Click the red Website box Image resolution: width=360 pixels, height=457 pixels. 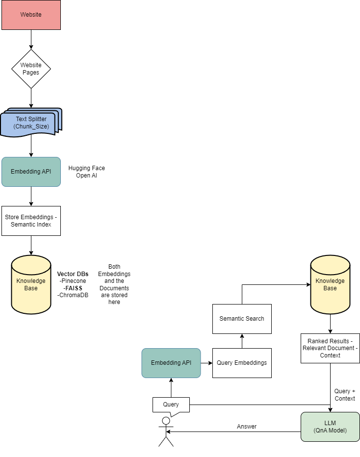click(31, 15)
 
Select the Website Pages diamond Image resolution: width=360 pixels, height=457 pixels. click(31, 69)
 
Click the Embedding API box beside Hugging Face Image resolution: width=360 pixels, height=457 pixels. click(31, 172)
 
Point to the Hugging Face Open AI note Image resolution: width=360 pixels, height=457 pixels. click(87, 172)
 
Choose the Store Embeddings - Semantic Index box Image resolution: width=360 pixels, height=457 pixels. click(31, 221)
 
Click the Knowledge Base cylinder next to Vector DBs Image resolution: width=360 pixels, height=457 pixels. click(31, 284)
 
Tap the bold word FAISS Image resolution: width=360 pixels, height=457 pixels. click(74, 288)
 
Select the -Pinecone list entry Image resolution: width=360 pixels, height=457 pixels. click(73, 281)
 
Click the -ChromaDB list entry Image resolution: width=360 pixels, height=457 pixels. click(73, 295)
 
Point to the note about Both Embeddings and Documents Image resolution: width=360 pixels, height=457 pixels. click(114, 284)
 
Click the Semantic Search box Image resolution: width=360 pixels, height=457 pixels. click(242, 319)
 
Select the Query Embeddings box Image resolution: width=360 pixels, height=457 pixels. click(242, 363)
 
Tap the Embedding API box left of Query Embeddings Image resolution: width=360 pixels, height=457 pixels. click(171, 363)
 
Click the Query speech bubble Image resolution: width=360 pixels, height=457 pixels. click(171, 405)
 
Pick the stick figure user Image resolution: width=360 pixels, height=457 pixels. click(166, 432)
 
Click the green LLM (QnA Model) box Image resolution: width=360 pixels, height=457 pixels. click(330, 427)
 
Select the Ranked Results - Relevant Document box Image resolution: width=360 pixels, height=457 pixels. click(330, 348)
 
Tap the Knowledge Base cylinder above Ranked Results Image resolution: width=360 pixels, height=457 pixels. click(330, 284)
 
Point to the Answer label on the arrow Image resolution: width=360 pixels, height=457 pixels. click(247, 427)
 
